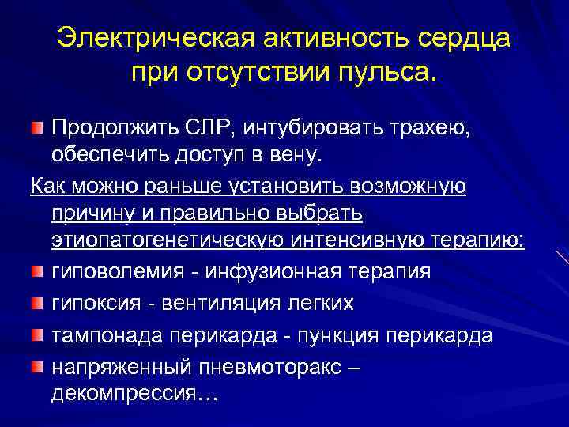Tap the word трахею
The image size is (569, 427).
(429, 127)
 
